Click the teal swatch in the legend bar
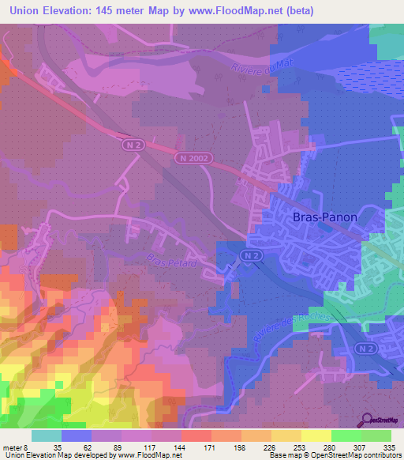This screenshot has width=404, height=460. [x=47, y=435]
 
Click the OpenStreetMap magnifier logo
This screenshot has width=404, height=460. [x=368, y=420]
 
